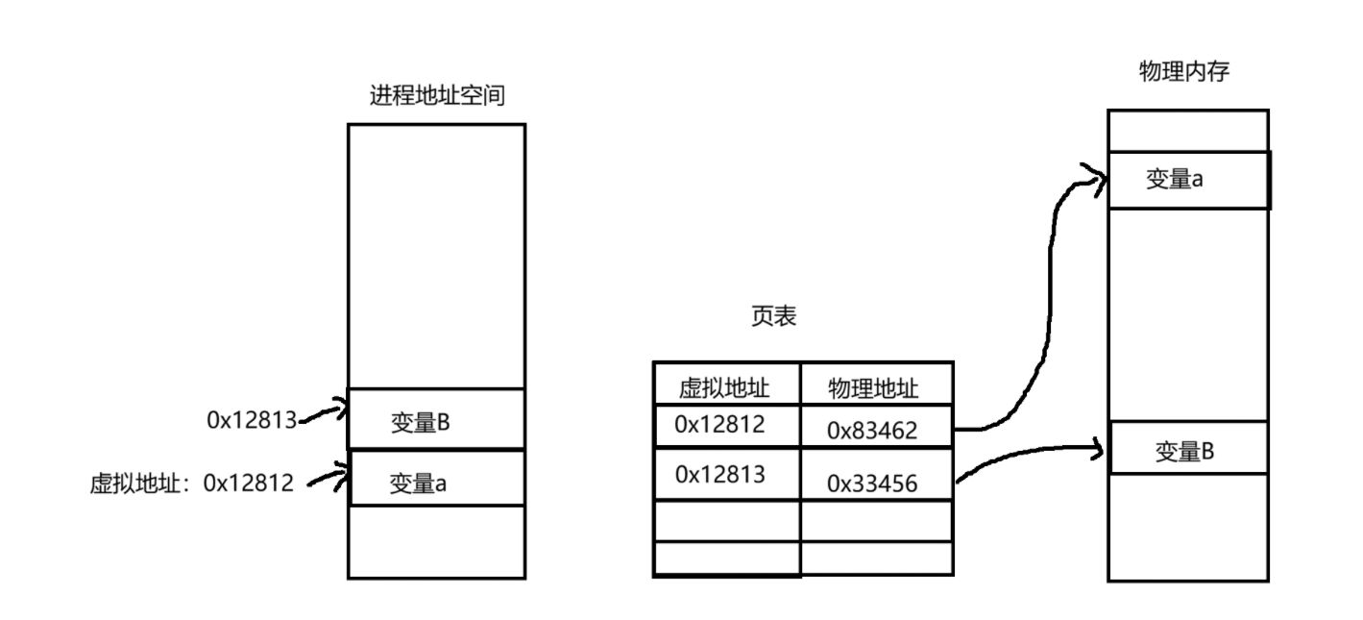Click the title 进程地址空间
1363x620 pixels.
click(436, 96)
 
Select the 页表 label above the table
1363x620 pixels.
click(773, 318)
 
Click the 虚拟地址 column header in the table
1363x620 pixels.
click(725, 387)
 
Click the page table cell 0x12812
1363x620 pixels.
click(719, 425)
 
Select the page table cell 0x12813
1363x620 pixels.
click(719, 474)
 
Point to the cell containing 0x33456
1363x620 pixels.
click(872, 484)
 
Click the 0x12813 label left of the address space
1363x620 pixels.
click(251, 419)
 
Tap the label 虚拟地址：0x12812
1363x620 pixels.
click(190, 483)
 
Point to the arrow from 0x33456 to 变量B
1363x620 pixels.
click(1028, 451)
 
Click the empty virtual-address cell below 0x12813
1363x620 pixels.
click(726, 520)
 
